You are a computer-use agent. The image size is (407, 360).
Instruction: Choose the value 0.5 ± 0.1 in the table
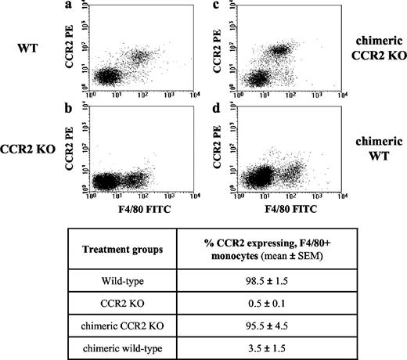(268, 301)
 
